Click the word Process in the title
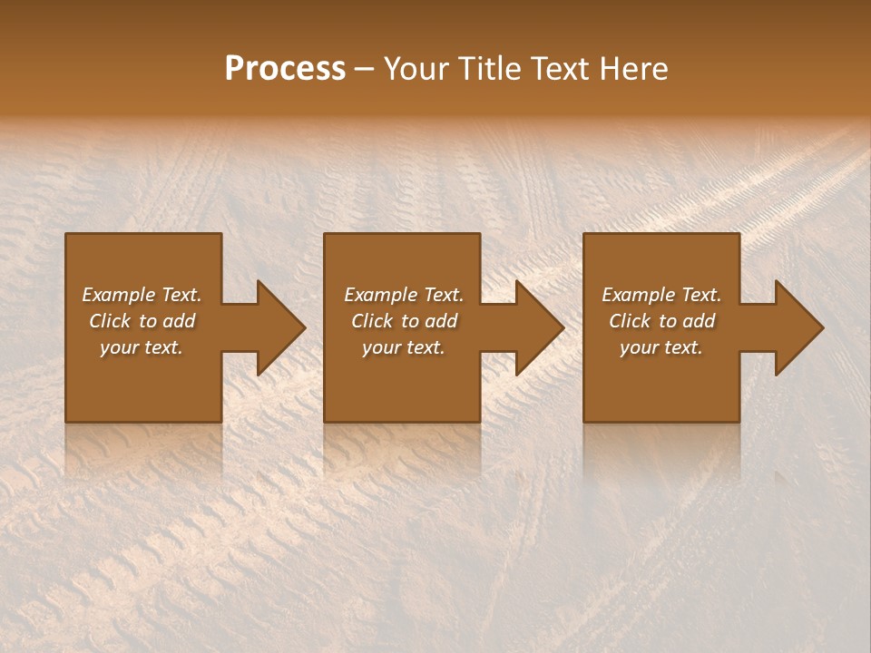click(285, 69)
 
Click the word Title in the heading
click(491, 69)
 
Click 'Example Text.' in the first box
click(142, 295)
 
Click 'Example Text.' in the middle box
click(404, 295)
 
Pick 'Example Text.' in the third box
click(661, 295)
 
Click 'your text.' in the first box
click(142, 347)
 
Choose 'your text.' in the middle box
click(404, 347)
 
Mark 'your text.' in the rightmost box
click(661, 347)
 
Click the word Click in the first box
click(110, 321)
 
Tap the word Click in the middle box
click(372, 321)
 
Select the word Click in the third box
click(630, 321)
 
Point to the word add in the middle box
click(441, 321)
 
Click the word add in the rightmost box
click(699, 321)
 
